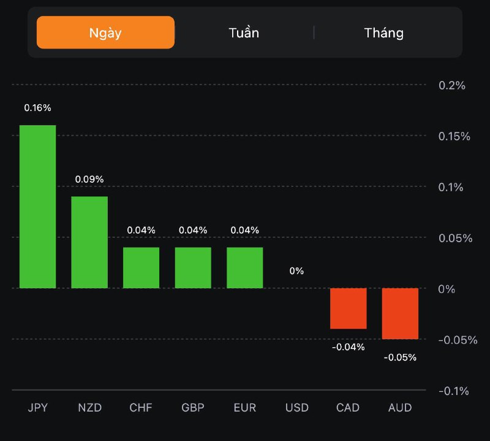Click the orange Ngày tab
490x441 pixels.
click(x=105, y=33)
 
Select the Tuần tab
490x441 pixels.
click(x=244, y=33)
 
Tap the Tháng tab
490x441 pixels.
click(x=383, y=33)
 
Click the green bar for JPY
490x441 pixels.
click(x=37, y=207)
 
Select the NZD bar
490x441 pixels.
click(x=89, y=242)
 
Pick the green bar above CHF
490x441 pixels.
click(x=141, y=267)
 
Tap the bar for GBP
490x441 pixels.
click(x=193, y=267)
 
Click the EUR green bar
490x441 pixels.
click(x=245, y=267)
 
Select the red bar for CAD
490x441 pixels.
click(x=348, y=309)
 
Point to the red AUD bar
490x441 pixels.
click(x=400, y=313)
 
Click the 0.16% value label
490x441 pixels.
click(x=37, y=108)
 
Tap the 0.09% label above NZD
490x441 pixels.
click(x=89, y=179)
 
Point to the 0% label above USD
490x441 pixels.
click(x=296, y=270)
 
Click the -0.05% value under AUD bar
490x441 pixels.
click(x=400, y=358)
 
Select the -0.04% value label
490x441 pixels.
click(x=348, y=347)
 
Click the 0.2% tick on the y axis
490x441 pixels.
click(x=452, y=85)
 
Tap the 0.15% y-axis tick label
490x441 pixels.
click(x=454, y=136)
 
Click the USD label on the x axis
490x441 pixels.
click(x=297, y=408)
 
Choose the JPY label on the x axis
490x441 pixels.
click(x=37, y=408)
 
